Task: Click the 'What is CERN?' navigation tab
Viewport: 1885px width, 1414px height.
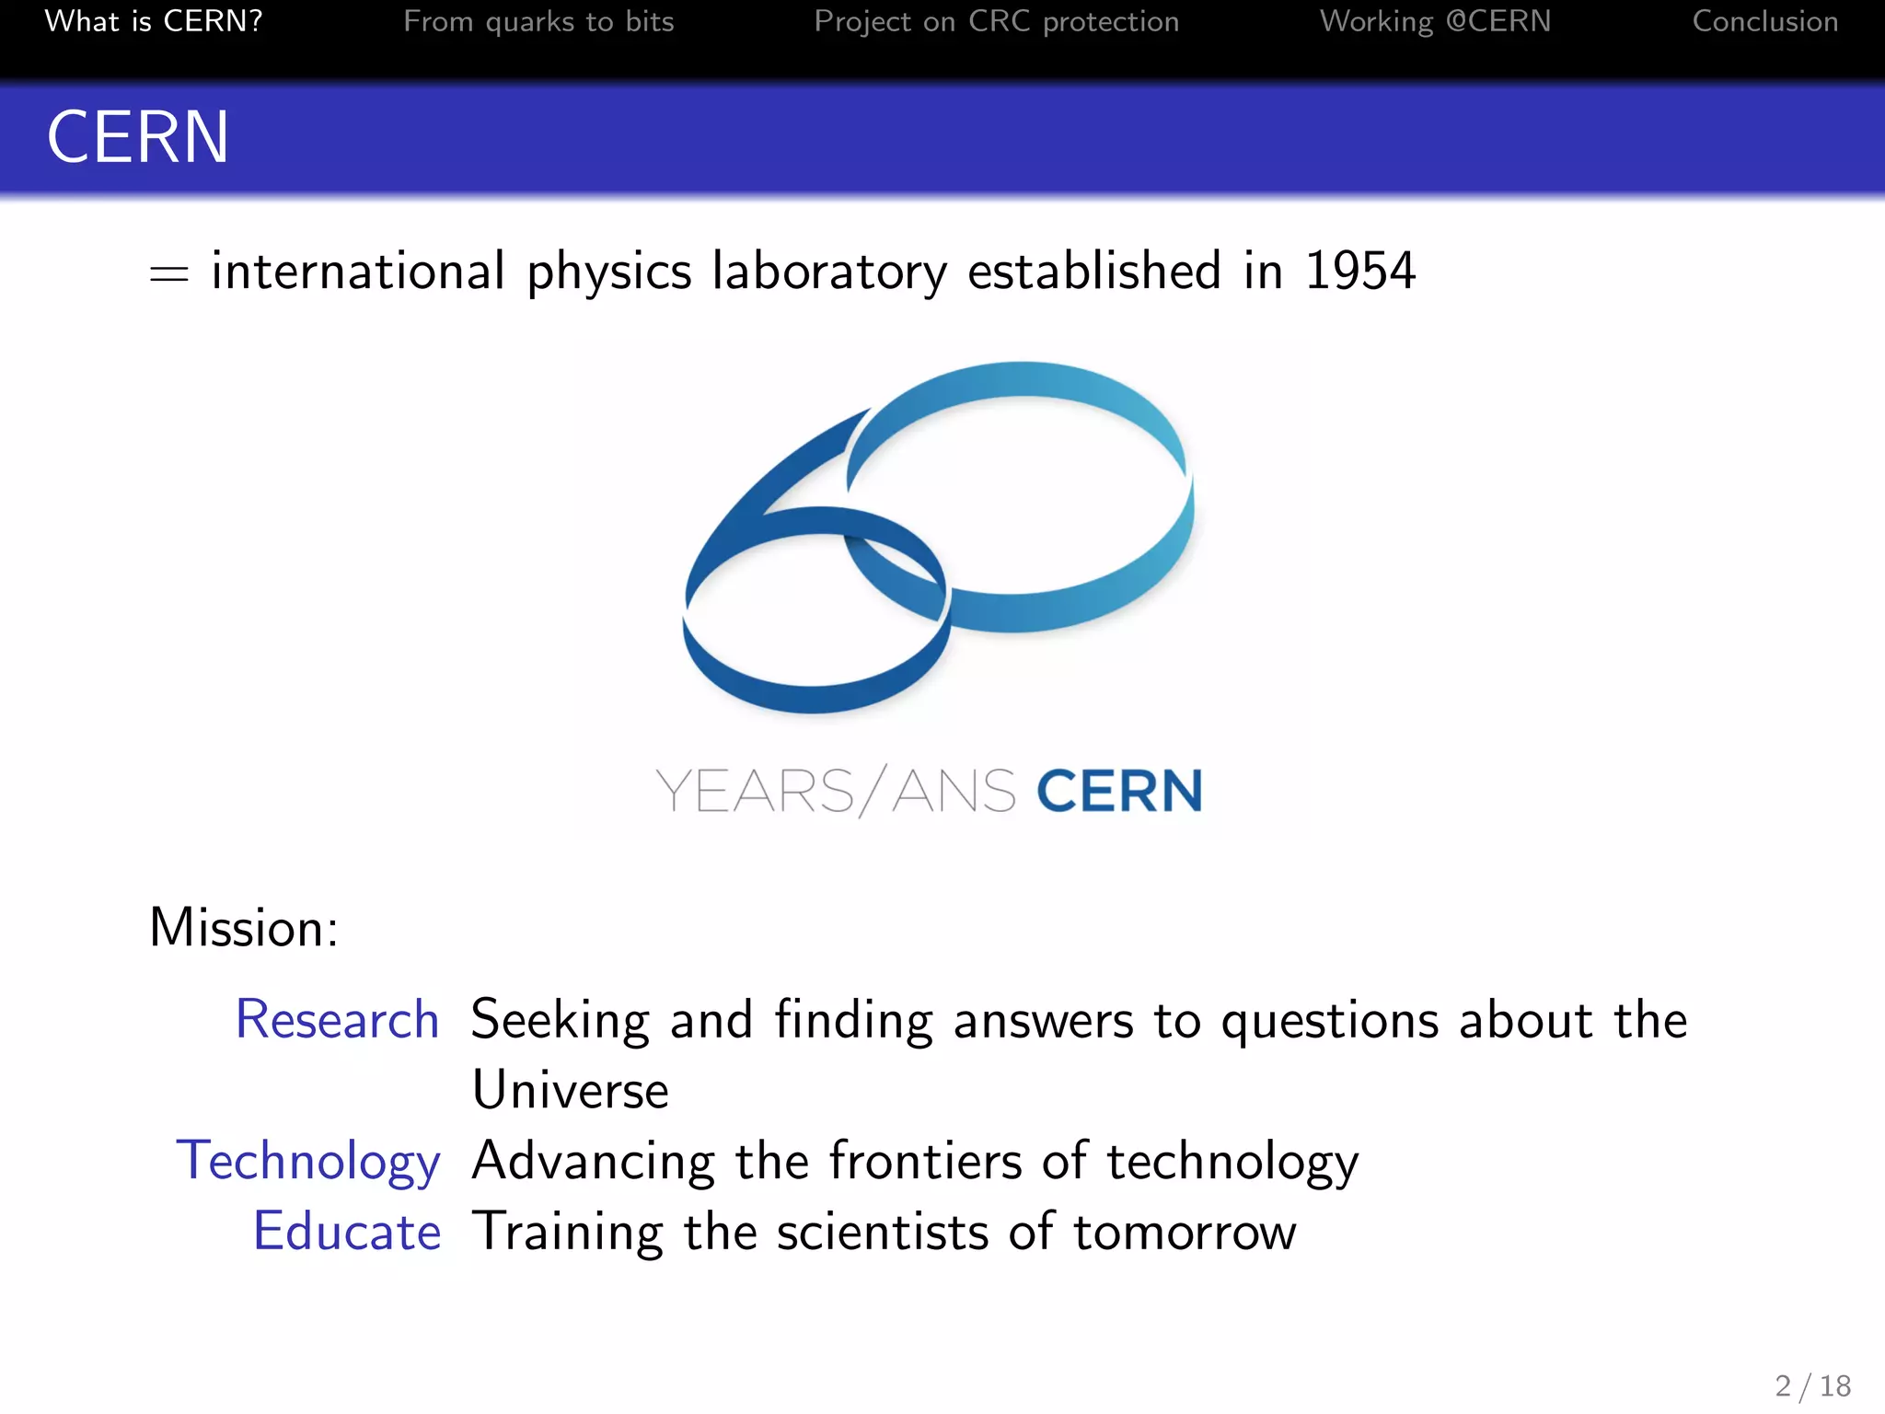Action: (154, 21)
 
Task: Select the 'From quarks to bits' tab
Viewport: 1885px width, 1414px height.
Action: (538, 21)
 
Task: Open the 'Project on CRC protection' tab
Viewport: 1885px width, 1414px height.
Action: (996, 21)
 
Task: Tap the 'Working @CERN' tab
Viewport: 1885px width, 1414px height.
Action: (1435, 21)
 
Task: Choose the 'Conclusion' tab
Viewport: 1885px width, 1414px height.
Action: (1764, 21)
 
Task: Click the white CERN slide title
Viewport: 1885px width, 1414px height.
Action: (138, 137)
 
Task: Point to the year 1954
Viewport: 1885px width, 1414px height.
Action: (1359, 271)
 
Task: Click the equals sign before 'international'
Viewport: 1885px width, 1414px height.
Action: (169, 274)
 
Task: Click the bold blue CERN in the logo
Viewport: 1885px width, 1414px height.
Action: (1119, 791)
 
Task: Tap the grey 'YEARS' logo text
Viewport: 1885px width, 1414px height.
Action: (755, 792)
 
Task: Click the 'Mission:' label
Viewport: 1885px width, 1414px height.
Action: (244, 927)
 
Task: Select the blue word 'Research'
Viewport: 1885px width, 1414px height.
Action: (337, 1020)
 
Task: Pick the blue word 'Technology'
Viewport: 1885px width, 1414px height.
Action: (308, 1162)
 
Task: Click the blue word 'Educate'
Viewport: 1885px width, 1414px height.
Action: (347, 1232)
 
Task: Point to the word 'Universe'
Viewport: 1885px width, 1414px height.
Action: (570, 1091)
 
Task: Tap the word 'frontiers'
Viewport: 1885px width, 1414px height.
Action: (925, 1161)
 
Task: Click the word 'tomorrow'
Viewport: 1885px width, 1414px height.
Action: (1185, 1232)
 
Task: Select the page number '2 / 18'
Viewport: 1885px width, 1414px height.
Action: (1812, 1385)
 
